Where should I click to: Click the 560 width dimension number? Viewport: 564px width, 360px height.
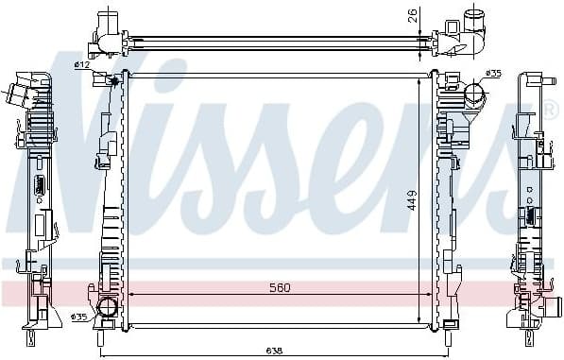coord(278,287)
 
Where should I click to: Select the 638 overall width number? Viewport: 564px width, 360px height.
coord(272,351)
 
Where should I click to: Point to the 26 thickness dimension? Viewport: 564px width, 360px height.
coord(411,15)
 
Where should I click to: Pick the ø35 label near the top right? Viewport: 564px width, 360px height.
coord(492,73)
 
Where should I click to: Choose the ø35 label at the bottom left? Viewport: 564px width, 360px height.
coord(80,317)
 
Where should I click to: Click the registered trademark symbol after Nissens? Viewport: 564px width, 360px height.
coord(550,111)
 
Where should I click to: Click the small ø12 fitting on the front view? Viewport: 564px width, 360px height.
coord(115,81)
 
